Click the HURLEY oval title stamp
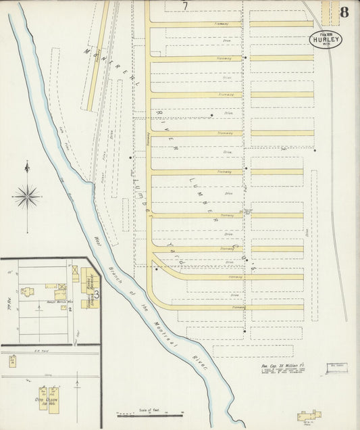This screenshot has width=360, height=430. tap(326, 39)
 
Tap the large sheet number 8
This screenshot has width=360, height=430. tap(344, 11)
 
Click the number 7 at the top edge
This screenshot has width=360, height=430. tap(185, 6)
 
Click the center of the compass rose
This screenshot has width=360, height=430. tap(27, 197)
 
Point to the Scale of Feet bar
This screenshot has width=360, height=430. tap(150, 414)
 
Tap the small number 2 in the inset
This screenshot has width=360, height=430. tap(70, 309)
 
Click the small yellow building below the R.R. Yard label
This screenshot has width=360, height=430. tap(12, 361)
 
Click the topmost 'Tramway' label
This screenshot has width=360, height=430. tap(224, 24)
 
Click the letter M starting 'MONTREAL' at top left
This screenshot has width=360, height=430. tap(87, 50)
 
